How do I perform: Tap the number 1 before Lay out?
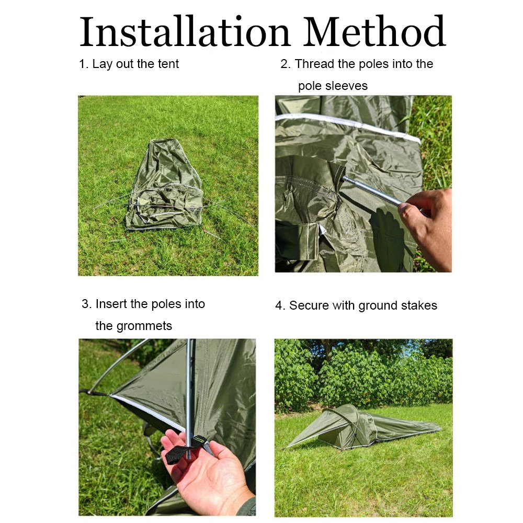point(83,64)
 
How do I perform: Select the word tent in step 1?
point(168,64)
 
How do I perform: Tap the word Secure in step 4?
point(309,305)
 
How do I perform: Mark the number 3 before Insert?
point(85,304)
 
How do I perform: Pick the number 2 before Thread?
point(284,64)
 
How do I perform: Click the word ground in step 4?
point(378,306)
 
